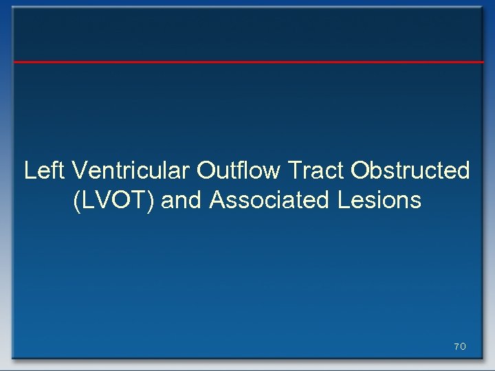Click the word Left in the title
point(45,170)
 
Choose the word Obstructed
point(410,170)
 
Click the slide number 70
point(460,347)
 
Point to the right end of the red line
point(483,62)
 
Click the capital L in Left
point(30,170)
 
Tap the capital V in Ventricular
point(78,170)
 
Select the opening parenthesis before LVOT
point(75,201)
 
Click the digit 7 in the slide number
point(456,347)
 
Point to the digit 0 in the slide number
point(463,347)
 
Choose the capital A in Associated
point(217,201)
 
